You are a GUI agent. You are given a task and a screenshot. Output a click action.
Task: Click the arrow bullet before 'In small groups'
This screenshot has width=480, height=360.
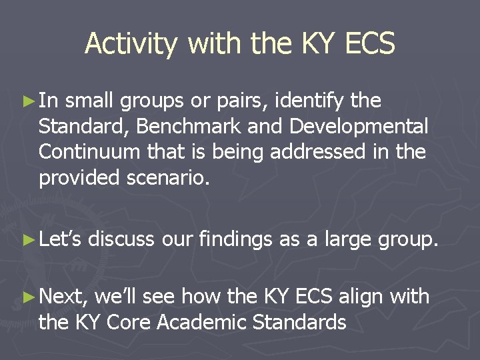pos(29,101)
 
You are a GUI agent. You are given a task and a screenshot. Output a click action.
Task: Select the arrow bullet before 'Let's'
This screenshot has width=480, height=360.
pos(29,239)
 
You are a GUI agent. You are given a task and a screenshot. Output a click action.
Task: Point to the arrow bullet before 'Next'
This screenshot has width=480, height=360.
pos(29,297)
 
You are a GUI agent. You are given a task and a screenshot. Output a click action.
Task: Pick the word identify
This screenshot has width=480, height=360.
pos(309,101)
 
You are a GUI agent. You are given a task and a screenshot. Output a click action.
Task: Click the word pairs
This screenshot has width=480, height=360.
pos(240,101)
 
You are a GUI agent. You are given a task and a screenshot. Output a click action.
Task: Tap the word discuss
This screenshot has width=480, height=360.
pos(121,239)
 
